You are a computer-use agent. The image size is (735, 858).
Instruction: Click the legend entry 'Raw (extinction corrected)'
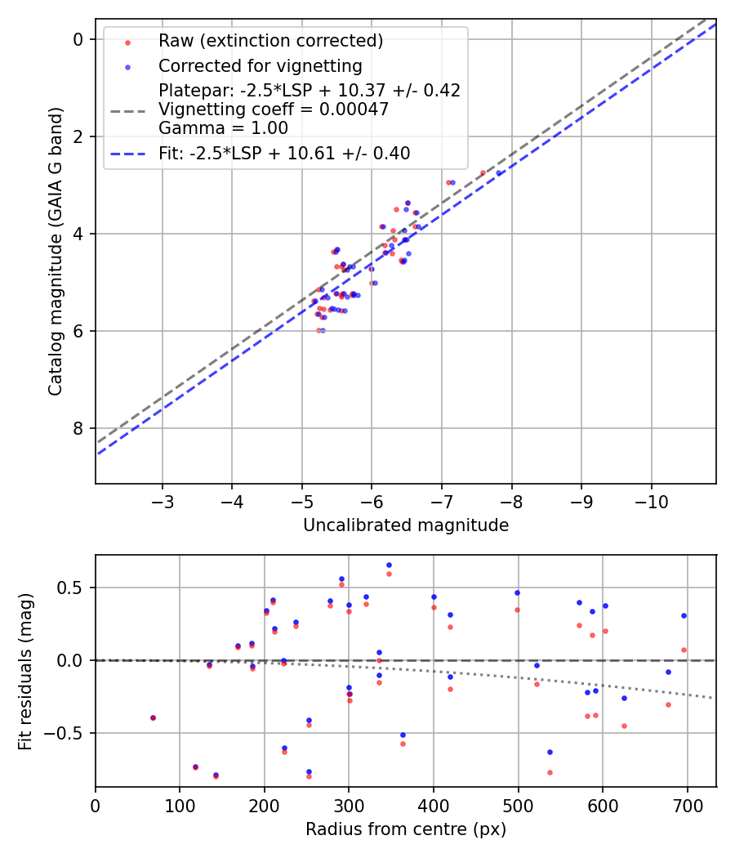(270, 41)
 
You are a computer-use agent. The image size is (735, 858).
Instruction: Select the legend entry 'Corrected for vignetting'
(260, 65)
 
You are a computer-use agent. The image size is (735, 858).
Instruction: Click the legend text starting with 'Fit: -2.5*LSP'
(284, 153)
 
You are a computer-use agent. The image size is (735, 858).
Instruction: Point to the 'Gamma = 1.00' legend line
(223, 127)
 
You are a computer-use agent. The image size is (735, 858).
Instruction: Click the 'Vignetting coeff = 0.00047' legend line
(274, 109)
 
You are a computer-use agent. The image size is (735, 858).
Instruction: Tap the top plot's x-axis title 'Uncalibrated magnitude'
(406, 525)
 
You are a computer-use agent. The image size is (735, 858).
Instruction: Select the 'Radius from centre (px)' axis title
(406, 829)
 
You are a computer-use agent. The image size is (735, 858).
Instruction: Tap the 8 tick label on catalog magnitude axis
(78, 428)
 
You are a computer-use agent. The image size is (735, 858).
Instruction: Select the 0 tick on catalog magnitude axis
(78, 39)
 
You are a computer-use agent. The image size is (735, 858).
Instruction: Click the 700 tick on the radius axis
(687, 805)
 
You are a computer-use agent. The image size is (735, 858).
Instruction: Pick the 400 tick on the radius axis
(434, 805)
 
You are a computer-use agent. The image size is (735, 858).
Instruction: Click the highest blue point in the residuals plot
(389, 565)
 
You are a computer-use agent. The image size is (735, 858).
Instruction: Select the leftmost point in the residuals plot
(153, 717)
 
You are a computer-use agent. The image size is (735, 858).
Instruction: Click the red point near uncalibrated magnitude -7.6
(483, 172)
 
